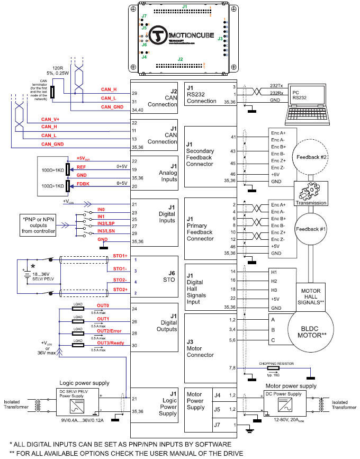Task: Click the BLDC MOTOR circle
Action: click(310, 331)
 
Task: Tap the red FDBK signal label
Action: click(83, 183)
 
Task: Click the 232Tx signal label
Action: click(276, 86)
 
